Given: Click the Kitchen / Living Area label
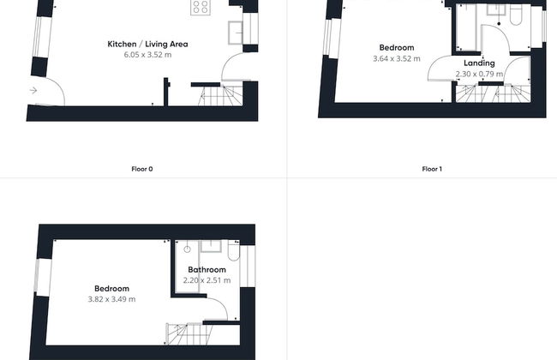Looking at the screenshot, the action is tap(147, 44).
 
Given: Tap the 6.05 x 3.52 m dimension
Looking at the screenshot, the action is tap(147, 55).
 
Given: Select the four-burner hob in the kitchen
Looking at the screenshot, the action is tap(201, 7).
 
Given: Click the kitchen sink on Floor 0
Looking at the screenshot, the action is tap(235, 33).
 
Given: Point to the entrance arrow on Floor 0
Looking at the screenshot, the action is tap(33, 90).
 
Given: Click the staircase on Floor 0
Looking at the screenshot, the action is tap(220, 96).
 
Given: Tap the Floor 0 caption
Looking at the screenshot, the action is tap(142, 169).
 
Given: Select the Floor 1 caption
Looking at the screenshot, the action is tap(432, 169).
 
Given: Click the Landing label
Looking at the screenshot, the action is tap(479, 63).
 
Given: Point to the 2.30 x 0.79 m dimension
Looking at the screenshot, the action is tap(479, 74).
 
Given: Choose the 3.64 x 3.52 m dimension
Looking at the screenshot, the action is tap(397, 58).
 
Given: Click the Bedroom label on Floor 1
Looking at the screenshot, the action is tap(397, 48).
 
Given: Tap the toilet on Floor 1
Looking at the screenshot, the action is tap(515, 15).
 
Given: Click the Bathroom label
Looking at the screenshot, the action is tap(207, 270).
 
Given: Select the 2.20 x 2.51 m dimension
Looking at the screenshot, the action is tap(207, 280).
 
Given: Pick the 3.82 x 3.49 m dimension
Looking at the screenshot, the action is tap(111, 299).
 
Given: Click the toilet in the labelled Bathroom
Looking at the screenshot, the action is tap(233, 251).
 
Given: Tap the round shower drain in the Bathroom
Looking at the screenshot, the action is tap(187, 249).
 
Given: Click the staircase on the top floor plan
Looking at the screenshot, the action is tap(189, 334).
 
